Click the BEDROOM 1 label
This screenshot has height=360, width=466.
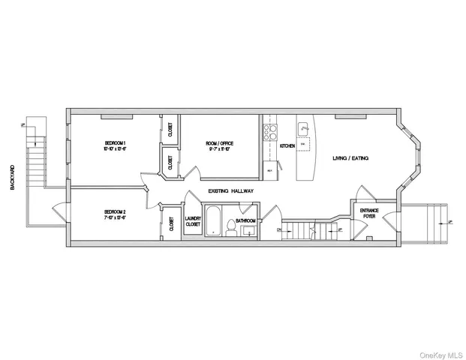(x=114, y=142)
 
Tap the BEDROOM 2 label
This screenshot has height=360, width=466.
(x=114, y=212)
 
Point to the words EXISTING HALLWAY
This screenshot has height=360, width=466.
(x=231, y=191)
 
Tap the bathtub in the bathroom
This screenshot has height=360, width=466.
(x=213, y=221)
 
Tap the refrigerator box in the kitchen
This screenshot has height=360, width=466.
(x=269, y=171)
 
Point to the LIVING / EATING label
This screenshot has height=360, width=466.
(x=350, y=157)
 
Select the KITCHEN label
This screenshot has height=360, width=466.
(x=287, y=145)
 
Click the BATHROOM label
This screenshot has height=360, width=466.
(x=245, y=220)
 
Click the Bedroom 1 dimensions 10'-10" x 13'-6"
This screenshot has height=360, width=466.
(x=114, y=148)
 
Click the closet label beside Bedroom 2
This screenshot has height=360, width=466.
(x=172, y=223)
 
